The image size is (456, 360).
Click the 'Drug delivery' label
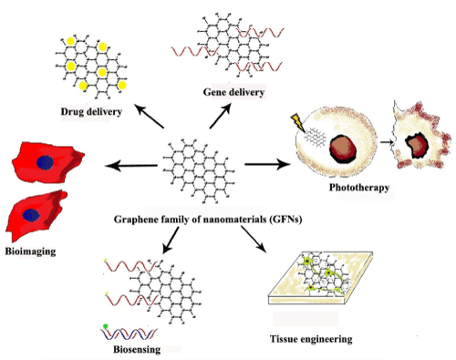[x=91, y=111]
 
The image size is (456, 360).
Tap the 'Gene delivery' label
[x=233, y=92]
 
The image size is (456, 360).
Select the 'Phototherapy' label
[x=359, y=188]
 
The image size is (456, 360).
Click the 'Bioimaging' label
[x=30, y=252]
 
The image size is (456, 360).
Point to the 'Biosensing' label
[x=137, y=349]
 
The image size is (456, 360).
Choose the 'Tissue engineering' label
[x=311, y=339]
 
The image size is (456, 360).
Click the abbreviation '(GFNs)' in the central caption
[x=285, y=219]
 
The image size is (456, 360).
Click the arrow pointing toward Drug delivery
[x=150, y=116]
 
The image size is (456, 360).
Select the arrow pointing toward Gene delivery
[x=220, y=116]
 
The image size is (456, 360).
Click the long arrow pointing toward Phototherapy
[x=267, y=164]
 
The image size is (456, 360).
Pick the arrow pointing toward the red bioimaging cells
[x=131, y=166]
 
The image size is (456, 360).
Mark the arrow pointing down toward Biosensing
[x=171, y=241]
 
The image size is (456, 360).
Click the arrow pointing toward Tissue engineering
[x=254, y=240]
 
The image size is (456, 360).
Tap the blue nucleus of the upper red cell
[x=45, y=162]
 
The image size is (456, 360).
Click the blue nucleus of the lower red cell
[x=31, y=215]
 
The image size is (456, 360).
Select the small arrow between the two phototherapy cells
[x=387, y=142]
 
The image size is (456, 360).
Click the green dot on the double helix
[x=106, y=326]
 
